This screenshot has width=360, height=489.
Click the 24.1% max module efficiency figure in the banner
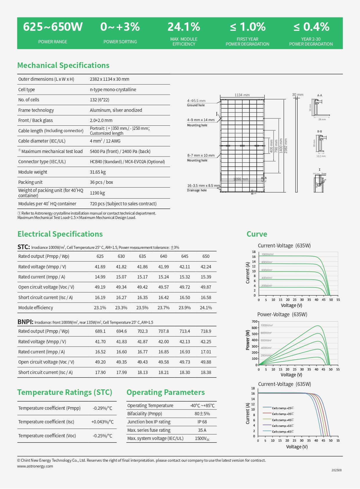[x=184, y=27]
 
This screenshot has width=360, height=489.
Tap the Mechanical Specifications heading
[x=63, y=65]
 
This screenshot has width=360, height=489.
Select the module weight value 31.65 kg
[x=98, y=172]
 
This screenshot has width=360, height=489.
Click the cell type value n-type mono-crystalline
[x=113, y=89]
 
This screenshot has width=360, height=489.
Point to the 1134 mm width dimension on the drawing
[x=242, y=95]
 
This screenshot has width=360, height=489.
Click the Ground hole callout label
[x=196, y=105]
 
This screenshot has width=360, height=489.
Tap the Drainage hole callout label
[x=197, y=190]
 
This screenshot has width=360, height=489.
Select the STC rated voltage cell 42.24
[x=206, y=267]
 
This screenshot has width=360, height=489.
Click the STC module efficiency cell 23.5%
[x=142, y=308]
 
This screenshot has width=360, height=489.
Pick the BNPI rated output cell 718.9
[x=206, y=331]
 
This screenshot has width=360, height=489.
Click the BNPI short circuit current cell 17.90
[x=100, y=372]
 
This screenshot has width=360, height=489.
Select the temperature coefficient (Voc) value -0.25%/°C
[x=102, y=436]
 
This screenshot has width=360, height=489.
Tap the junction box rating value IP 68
[x=202, y=422]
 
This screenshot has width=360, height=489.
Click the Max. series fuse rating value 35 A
[x=202, y=430]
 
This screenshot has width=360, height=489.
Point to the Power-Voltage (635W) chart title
[x=282, y=314]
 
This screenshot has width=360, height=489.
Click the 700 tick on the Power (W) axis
[x=254, y=321]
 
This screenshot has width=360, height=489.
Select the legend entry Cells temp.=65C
[x=283, y=432]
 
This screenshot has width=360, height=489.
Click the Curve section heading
[x=257, y=234]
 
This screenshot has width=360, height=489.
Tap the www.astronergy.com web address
[x=35, y=466]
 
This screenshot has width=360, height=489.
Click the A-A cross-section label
[x=319, y=95]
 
